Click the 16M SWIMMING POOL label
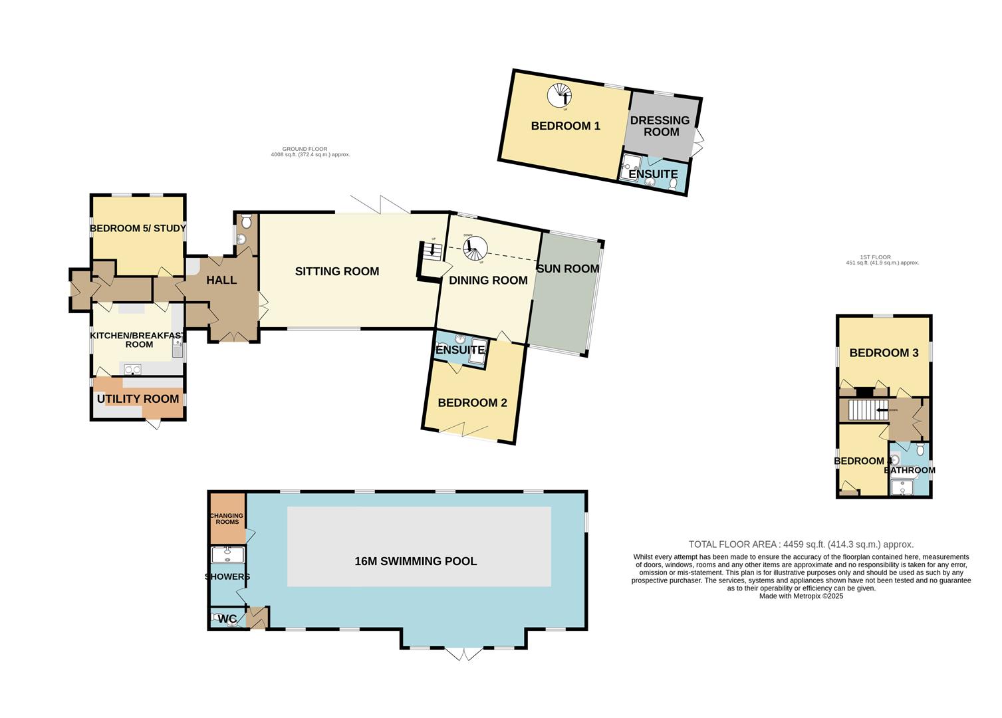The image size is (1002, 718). coord(416,561)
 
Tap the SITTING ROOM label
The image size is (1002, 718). coord(337,271)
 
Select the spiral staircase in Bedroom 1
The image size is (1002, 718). coord(559,96)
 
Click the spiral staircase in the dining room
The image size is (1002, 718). coord(475,248)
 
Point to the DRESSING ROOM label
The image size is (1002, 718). coord(660,126)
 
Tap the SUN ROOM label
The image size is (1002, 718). coord(568,269)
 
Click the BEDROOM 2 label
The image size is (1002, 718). coord(472,403)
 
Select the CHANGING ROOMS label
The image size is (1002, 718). coord(227,519)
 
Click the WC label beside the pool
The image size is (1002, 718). coord(227,620)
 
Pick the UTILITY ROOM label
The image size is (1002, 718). coord(138,399)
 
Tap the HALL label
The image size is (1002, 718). coord(221,280)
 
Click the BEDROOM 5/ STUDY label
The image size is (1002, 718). coord(138,229)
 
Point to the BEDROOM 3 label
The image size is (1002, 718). coord(884,353)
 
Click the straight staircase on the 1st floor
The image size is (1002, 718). coord(865,410)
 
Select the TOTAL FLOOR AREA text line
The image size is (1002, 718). coord(801,544)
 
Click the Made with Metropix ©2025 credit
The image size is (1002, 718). coord(801,596)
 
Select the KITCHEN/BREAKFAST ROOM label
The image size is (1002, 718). coord(138,340)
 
